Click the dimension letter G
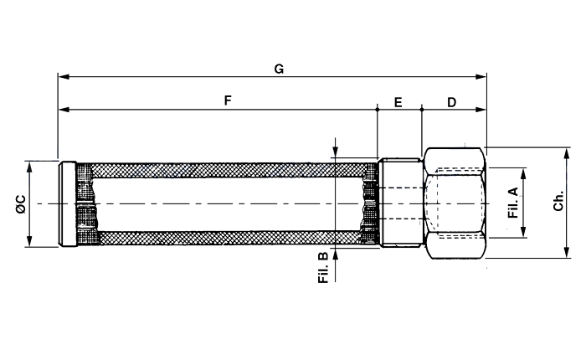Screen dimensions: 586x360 coord(279,69)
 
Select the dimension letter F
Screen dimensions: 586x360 coord(228,100)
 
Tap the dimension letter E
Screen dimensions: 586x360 coord(398,102)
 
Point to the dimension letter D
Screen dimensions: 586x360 coord(452,102)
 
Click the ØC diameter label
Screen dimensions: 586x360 coord(21,204)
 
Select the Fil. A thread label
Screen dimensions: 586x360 coord(513,203)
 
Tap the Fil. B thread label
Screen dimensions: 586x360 coord(323,268)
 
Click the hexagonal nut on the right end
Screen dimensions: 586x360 coord(455,203)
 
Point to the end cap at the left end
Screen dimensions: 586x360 coord(68,203)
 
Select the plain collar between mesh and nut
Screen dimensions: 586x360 coord(401,203)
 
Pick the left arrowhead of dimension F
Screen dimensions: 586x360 coord(64,110)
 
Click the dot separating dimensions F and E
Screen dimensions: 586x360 coord(378,110)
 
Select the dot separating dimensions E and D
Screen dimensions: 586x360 coord(422,110)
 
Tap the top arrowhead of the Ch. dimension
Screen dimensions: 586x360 coord(567,154)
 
